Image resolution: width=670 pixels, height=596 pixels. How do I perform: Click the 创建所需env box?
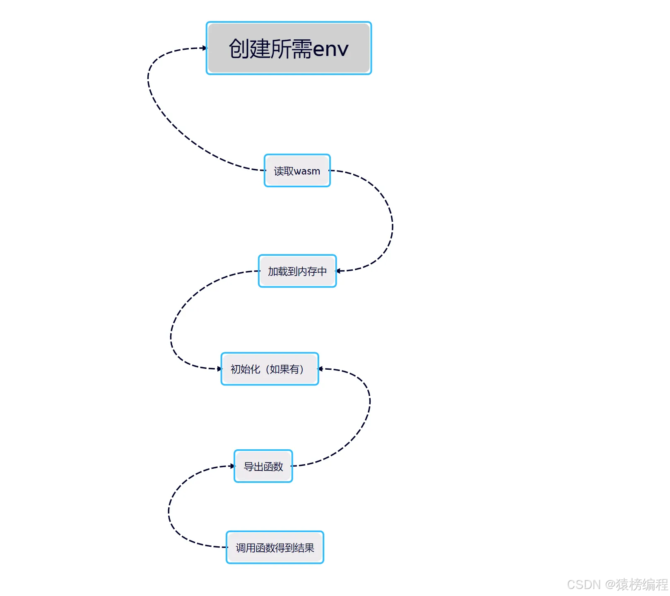289,48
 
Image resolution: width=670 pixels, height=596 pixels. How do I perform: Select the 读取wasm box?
297,171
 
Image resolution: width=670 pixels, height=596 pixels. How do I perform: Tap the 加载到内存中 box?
297,271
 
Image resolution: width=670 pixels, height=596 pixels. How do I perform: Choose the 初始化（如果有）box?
270,369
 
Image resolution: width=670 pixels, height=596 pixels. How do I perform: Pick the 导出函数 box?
263,466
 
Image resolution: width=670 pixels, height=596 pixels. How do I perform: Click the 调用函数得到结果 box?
275,548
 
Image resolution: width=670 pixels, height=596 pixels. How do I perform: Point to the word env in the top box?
330,49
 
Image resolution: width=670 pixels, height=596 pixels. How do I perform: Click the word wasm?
307,171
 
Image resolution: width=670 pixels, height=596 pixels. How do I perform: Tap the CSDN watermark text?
583,584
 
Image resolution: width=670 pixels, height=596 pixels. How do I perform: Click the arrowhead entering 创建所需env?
204,48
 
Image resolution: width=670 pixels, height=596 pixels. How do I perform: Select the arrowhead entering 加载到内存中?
339,271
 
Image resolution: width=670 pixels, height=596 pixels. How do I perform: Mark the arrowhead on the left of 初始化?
219,368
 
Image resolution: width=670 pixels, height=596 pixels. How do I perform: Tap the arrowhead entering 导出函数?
232,466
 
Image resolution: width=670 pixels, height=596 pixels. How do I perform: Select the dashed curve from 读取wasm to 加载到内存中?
391,224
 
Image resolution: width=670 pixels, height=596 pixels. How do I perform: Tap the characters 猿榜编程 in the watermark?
642,584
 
